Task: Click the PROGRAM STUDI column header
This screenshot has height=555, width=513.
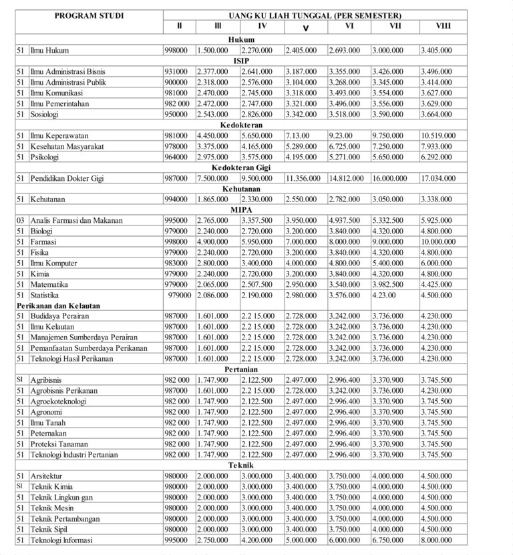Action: click(89, 15)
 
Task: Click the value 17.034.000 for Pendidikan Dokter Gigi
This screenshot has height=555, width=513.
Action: click(438, 178)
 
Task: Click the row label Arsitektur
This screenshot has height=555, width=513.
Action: click(47, 476)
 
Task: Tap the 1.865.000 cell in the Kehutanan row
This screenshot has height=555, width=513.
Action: click(212, 199)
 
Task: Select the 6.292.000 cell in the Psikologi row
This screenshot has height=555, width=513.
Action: click(436, 157)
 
